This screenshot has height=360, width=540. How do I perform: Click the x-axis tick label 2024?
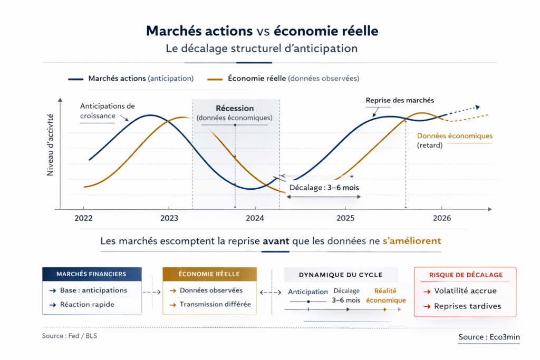[x=255, y=218]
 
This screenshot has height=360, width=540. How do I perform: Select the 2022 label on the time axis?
[x=83, y=218]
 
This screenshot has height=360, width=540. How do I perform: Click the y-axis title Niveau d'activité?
[x=51, y=144]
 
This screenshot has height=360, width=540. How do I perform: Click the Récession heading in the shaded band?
[x=235, y=108]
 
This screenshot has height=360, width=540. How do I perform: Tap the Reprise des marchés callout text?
[x=400, y=100]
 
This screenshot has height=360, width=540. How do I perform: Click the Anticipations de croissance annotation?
[x=107, y=110]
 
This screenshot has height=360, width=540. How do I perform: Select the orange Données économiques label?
[x=455, y=136]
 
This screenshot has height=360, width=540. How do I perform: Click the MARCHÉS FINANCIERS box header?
[x=91, y=274]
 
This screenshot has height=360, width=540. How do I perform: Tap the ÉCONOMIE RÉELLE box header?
[x=209, y=274]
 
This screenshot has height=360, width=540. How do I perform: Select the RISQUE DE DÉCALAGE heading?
[x=466, y=275]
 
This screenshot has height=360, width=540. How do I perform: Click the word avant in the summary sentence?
[x=275, y=241]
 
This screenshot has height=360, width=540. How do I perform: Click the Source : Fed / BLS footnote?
[x=70, y=336]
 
